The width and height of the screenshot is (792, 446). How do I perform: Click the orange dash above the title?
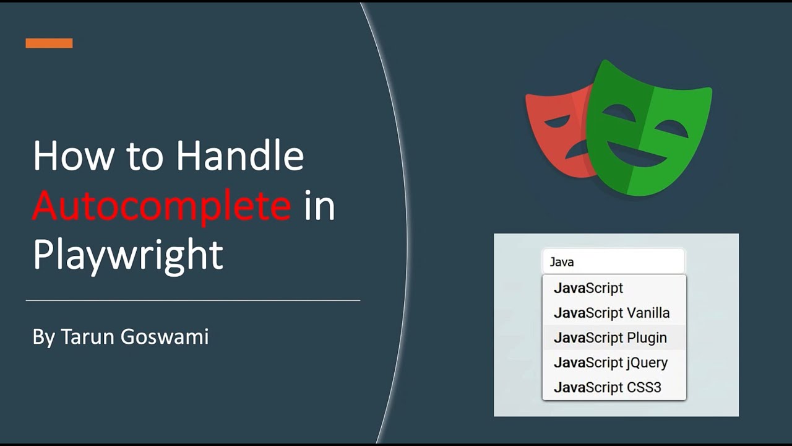49,43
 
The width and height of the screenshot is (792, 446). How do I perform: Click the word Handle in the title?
240,155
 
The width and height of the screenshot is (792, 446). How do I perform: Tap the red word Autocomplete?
161,205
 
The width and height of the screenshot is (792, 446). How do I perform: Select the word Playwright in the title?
127,254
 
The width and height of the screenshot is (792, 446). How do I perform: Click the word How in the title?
73,155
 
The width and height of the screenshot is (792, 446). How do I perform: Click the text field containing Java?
614,262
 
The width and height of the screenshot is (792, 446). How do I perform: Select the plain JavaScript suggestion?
588,288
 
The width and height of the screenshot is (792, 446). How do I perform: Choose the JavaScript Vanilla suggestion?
611,313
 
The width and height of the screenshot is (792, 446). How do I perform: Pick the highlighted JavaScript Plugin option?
610,338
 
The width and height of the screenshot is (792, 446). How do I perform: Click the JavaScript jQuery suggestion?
610,362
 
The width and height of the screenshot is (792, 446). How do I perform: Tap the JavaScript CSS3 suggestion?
607,387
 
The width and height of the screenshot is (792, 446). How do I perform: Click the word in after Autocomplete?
319,205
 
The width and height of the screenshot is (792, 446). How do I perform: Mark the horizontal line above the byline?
192,300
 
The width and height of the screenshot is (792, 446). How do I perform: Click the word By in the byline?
44,337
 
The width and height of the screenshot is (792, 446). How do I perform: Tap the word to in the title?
144,157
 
